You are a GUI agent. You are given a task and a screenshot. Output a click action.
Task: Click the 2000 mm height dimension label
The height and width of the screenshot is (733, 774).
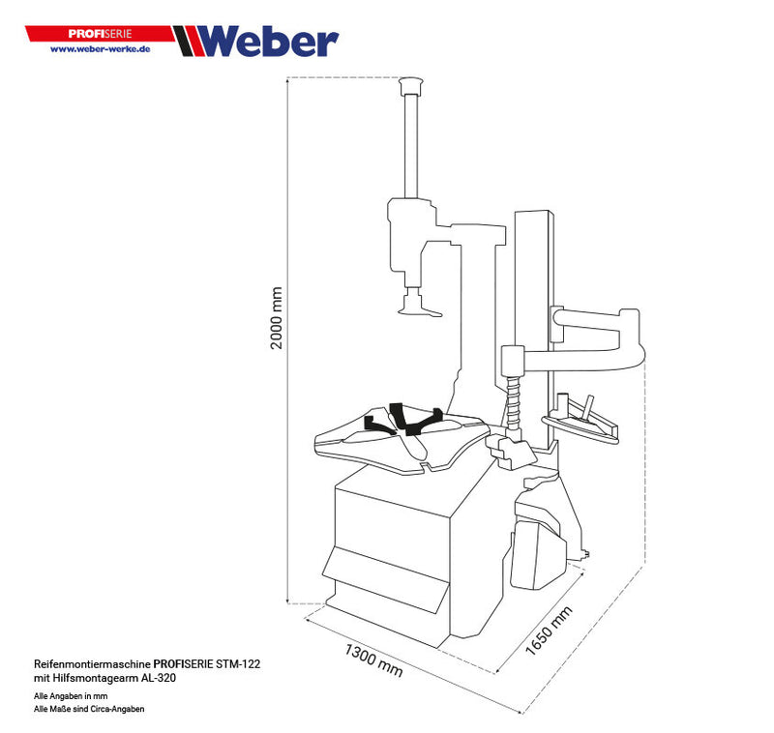[277, 319]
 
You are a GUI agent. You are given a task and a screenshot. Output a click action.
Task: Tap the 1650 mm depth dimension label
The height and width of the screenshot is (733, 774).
[549, 630]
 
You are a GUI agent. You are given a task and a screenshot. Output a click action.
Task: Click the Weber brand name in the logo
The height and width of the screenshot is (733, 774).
[272, 41]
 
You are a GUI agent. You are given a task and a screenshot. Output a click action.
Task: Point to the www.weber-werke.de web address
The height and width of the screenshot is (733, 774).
[100, 48]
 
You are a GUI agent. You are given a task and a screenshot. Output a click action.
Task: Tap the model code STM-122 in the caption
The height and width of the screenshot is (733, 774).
[238, 665]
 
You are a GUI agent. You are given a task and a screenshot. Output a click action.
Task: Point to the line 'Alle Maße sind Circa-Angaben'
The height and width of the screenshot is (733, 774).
[89, 709]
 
